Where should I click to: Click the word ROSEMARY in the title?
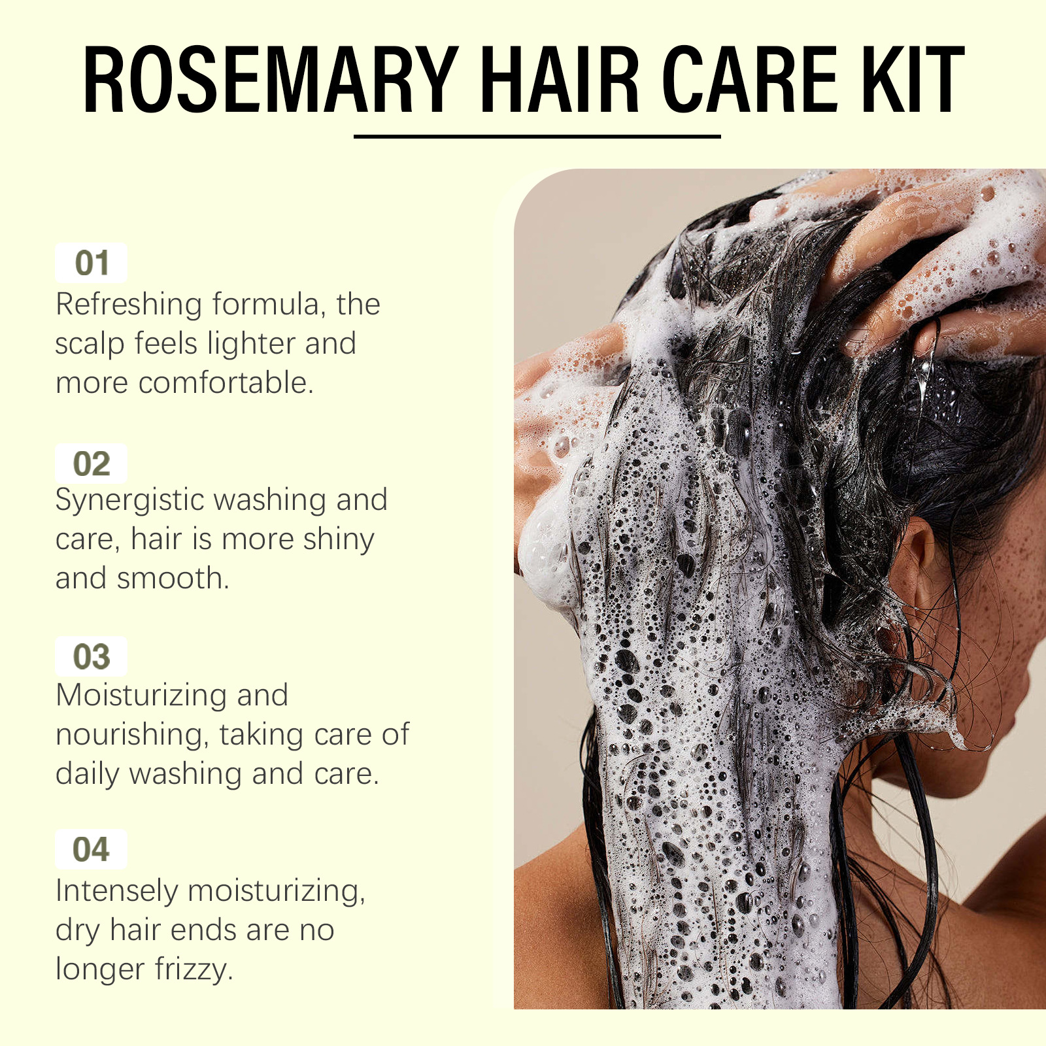(271, 80)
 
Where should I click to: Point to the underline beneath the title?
(537, 136)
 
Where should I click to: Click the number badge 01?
(91, 263)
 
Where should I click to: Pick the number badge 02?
(91, 464)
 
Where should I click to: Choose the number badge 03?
(91, 656)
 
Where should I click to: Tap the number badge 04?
(91, 849)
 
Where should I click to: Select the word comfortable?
(226, 382)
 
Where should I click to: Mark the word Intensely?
(116, 891)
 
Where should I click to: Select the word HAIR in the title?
(560, 80)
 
